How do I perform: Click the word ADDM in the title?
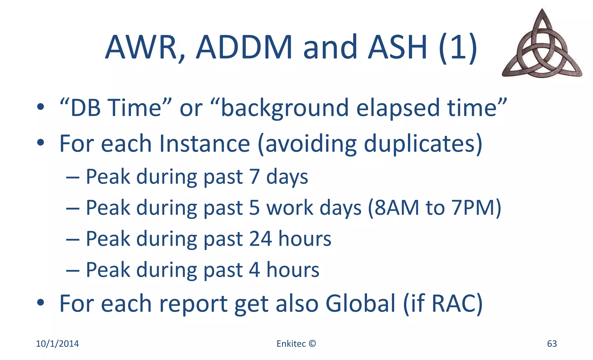pyautogui.click(x=244, y=47)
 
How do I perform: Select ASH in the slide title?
pyautogui.click(x=398, y=47)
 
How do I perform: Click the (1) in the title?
pyautogui.click(x=458, y=47)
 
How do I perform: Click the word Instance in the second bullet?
pyautogui.click(x=204, y=143)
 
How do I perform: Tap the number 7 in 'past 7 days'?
pyautogui.click(x=255, y=177)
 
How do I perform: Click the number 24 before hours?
pyautogui.click(x=260, y=239)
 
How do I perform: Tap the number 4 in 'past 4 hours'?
pyautogui.click(x=255, y=270)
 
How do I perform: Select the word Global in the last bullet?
pyautogui.click(x=360, y=304)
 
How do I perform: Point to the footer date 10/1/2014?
pyautogui.click(x=57, y=343)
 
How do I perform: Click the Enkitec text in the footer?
pyautogui.click(x=291, y=343)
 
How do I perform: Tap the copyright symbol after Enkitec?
pyautogui.click(x=312, y=343)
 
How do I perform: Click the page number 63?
pyautogui.click(x=552, y=343)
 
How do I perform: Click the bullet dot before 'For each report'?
pyautogui.click(x=41, y=302)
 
